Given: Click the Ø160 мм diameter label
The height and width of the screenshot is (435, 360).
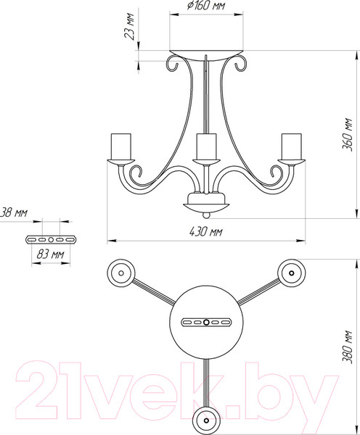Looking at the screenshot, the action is tap(206, 6).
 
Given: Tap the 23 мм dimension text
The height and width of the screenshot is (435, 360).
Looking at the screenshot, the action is tap(129, 26).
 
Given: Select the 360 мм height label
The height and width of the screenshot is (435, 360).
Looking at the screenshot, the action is tap(347, 135).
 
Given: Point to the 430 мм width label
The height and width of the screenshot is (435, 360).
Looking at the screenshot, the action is tap(206, 231).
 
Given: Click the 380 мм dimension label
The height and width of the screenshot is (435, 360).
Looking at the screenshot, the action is tap(347, 347).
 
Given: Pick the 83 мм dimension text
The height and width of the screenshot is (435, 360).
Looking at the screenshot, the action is tap(50, 254).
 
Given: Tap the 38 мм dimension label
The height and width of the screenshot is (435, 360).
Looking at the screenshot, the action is tap(14, 212).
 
